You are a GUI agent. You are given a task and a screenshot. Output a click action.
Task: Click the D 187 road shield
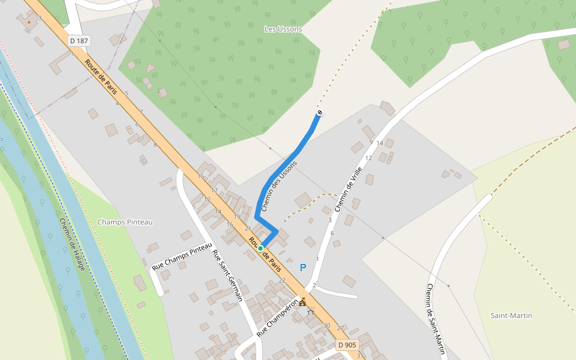click(79, 41)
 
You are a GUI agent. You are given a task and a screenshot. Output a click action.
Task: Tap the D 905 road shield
click(347, 345)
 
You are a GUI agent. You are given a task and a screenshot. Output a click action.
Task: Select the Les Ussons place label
click(283, 29)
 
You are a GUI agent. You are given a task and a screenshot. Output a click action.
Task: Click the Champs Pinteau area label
click(125, 222)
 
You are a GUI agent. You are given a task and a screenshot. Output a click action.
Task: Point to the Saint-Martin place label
click(511, 316)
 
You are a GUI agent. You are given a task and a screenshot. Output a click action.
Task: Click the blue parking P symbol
click(303, 268)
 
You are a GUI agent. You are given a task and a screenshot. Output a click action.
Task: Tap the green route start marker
click(260, 248)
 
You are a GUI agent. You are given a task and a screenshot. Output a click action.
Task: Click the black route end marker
click(320, 113)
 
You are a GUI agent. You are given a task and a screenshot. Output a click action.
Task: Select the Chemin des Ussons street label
click(279, 185)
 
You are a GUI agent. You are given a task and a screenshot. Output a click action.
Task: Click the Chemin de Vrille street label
click(350, 189)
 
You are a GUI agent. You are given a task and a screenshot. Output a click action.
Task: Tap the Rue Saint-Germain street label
click(227, 274)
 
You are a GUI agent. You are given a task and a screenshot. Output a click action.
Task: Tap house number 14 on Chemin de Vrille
click(379, 143)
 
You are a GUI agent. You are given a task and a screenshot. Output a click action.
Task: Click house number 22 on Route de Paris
click(282, 280)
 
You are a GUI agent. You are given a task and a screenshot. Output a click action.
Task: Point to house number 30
click(327, 326)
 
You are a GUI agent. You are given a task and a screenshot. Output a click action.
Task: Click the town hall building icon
click(303, 301)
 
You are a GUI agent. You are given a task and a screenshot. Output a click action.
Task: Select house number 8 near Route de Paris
click(155, 145)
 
